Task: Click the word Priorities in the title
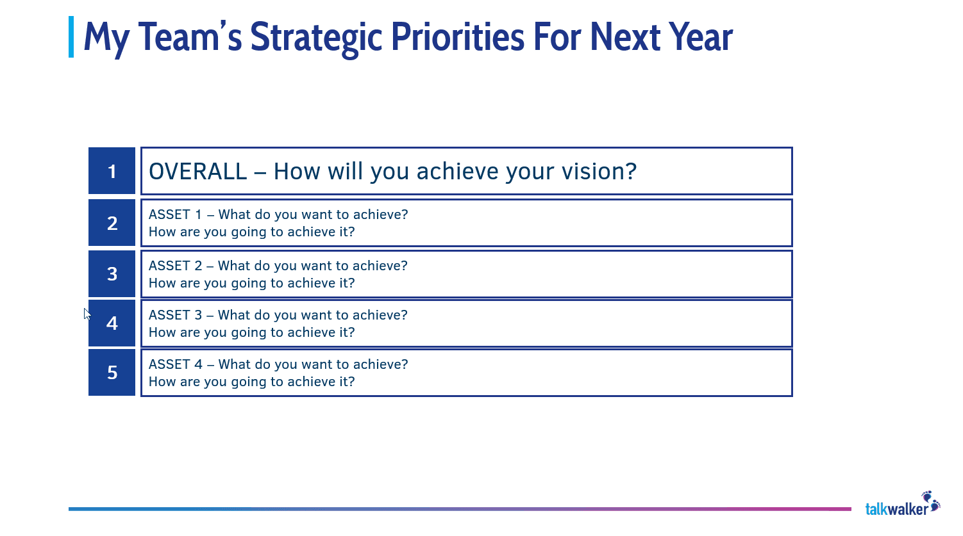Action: [458, 37]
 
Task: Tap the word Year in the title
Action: [700, 37]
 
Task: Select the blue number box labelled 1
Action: [112, 171]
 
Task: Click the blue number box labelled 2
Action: [112, 223]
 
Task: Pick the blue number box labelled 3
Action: [112, 273]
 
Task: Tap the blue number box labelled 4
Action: [112, 323]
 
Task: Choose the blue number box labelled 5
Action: [112, 372]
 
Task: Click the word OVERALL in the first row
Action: [197, 172]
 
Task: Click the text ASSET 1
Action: [175, 215]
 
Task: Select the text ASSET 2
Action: [175, 266]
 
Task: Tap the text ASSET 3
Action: [175, 315]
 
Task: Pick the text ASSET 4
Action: [175, 364]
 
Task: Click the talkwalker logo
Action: [897, 509]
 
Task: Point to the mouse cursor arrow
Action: [87, 313]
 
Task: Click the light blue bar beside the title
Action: [71, 37]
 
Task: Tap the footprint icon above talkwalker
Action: [930, 499]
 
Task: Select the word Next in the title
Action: [624, 37]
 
